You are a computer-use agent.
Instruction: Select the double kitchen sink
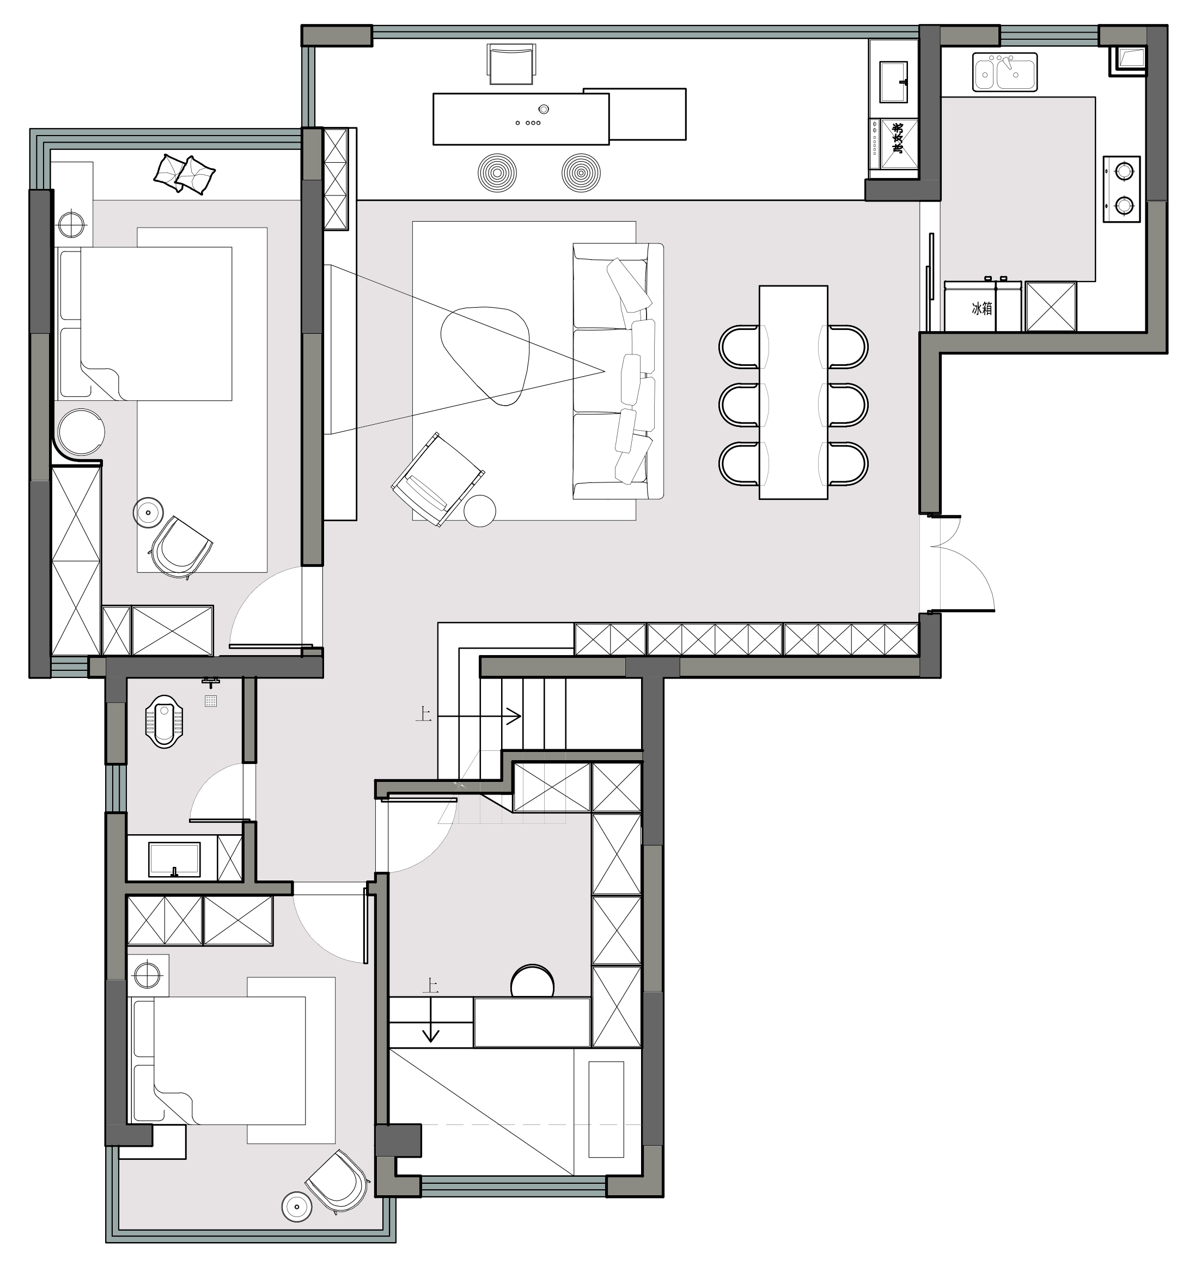click(x=1005, y=71)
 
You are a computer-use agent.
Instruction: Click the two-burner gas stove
click(x=1122, y=189)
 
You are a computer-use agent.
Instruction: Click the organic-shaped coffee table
click(x=485, y=355)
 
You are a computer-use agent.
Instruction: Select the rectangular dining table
click(x=794, y=392)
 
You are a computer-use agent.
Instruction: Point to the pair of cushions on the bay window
click(x=185, y=174)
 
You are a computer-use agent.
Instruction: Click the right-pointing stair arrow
click(x=479, y=716)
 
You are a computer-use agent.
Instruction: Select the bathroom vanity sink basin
click(x=174, y=859)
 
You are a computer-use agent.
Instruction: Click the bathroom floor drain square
click(x=211, y=701)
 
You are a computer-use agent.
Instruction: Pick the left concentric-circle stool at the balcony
click(x=497, y=172)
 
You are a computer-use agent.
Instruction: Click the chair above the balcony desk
click(x=511, y=64)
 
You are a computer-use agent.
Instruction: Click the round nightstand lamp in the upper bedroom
click(x=71, y=225)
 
